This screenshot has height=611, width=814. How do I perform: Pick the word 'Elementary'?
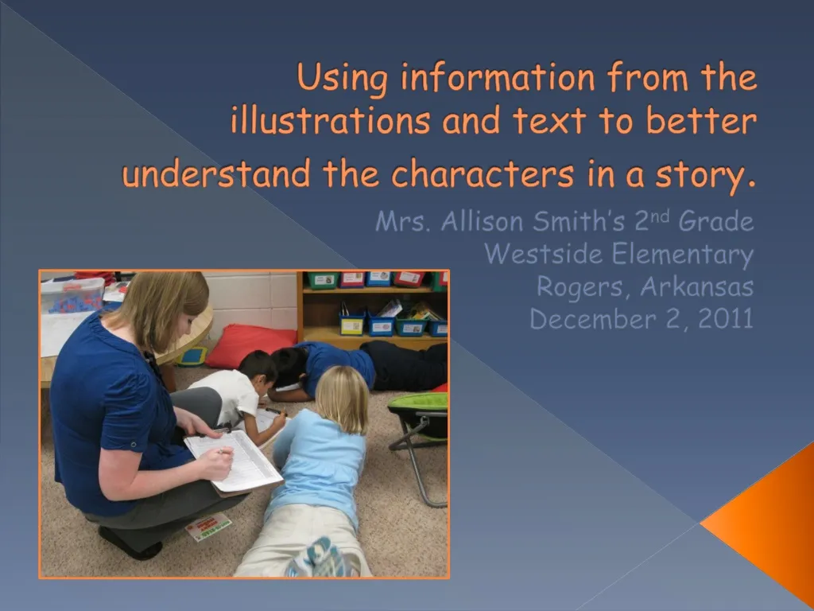point(684,255)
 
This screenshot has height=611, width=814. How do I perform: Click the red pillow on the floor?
point(249,343)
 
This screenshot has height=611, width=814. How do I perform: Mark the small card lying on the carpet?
point(208,527)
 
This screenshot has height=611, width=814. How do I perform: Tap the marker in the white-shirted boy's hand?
point(273,411)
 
